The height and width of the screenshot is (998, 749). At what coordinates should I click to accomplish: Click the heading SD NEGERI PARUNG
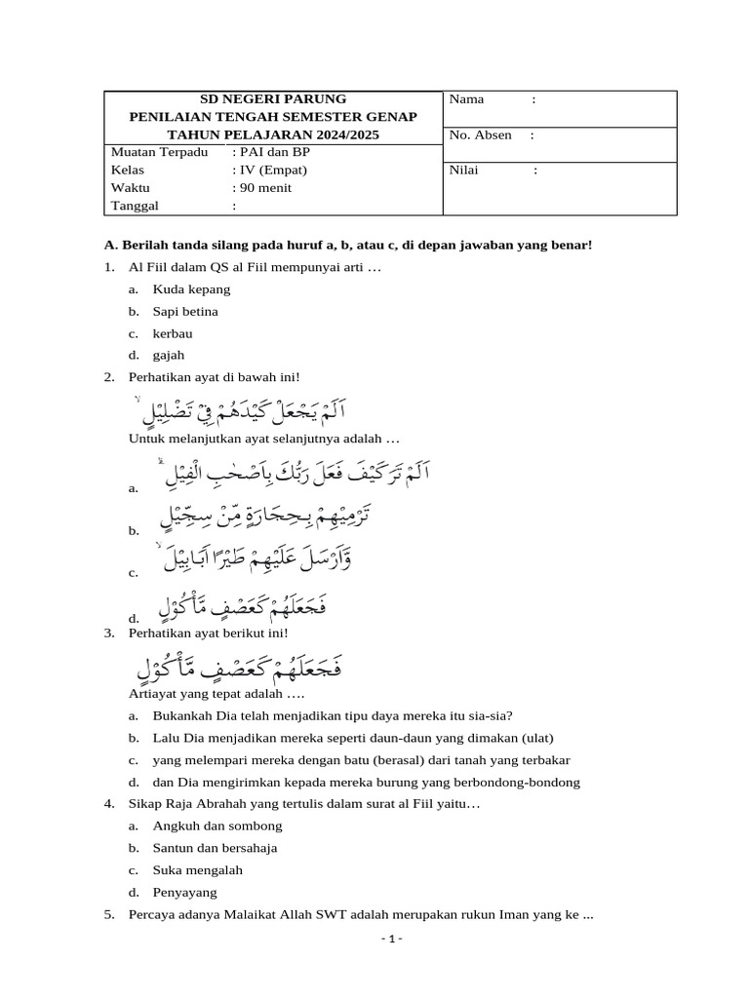tap(272, 99)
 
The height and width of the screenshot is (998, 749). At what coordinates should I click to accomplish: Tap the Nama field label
tap(466, 99)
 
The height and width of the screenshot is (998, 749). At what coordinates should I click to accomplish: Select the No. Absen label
tap(480, 135)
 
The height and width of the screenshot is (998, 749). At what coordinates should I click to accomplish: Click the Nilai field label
tap(464, 171)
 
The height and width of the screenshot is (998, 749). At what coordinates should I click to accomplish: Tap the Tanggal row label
tap(135, 206)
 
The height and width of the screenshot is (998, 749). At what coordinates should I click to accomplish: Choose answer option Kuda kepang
tap(191, 289)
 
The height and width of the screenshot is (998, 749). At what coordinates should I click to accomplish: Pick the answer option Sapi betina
tap(185, 312)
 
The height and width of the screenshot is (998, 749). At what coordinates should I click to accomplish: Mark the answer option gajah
tap(169, 356)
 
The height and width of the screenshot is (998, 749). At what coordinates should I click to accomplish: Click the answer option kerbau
tap(173, 333)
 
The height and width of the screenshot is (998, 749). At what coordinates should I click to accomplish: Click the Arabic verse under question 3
tap(239, 670)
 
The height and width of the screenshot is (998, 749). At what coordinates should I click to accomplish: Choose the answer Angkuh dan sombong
tap(217, 825)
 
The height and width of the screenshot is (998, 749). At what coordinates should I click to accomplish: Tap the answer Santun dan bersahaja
tap(215, 848)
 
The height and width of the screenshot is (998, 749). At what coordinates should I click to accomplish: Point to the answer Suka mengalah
tap(197, 870)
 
